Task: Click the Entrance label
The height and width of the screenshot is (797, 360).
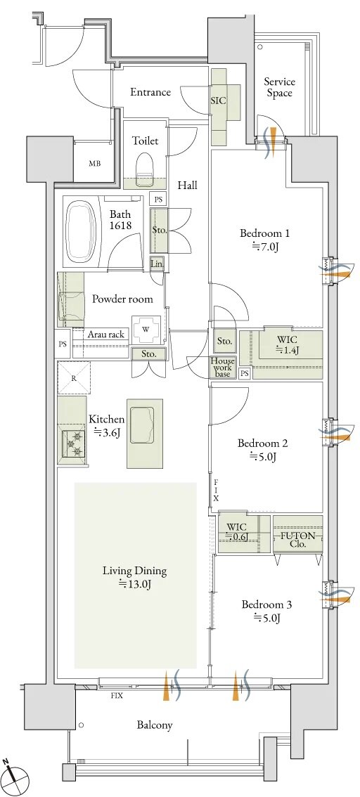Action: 150,92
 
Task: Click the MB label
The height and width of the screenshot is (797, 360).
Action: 95,163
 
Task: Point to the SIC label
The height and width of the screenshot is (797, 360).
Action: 218,101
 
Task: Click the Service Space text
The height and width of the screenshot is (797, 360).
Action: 279,87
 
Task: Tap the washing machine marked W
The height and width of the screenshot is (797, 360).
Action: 146,329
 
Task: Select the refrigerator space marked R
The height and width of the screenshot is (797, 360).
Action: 74,377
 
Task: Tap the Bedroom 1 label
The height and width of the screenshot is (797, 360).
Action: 264,233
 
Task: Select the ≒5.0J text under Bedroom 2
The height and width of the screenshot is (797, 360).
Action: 263,456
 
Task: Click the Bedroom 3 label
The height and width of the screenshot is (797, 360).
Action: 266,605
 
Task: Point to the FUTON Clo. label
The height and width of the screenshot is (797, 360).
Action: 298,540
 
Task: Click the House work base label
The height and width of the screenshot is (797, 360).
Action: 223,368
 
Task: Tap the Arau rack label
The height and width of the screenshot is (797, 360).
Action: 107,335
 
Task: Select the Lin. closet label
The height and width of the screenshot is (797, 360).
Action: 156,264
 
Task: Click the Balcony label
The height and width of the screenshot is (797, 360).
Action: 154,725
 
